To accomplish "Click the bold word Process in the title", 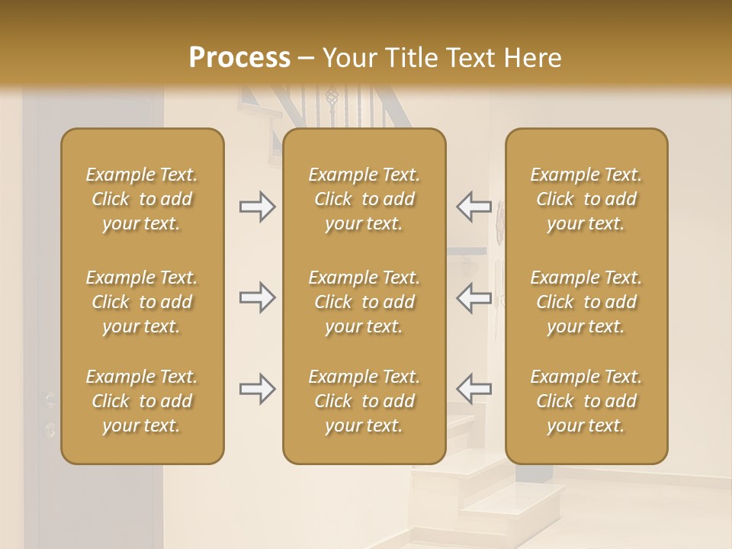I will coord(239,57).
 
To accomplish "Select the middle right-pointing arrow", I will coord(257,297).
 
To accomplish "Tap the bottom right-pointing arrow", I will coord(257,390).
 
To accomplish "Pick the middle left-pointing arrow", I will coord(474,297).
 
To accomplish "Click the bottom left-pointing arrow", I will coord(474,390).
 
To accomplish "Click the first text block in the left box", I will coord(142,199).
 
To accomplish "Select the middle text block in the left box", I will coord(142,302).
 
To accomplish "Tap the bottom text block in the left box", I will coord(142,401).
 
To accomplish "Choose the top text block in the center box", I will coord(364,199).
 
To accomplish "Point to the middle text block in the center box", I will coord(364,302).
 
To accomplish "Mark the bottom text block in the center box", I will coord(364,401).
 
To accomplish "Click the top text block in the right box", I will coord(586,199).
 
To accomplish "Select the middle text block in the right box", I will coord(586,302).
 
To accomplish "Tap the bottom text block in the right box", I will coord(586,401).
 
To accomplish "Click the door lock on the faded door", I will coord(50,429).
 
